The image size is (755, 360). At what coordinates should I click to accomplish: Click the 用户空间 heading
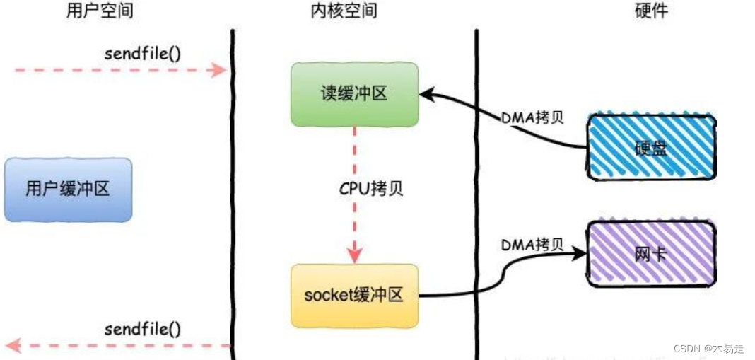click(99, 11)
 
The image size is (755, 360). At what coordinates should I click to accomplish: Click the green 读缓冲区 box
click(354, 93)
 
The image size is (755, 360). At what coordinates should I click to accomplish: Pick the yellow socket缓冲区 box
click(353, 295)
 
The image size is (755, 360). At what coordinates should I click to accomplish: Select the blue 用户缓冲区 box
click(68, 190)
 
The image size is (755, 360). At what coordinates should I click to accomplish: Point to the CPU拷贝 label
click(371, 190)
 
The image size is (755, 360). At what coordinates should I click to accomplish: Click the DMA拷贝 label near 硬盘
click(532, 118)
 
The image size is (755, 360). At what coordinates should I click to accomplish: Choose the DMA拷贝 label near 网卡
click(532, 245)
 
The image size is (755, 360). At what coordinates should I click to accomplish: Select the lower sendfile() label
click(142, 329)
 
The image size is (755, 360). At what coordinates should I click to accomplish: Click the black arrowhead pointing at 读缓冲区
click(426, 94)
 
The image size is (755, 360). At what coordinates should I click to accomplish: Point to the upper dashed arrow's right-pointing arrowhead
click(221, 70)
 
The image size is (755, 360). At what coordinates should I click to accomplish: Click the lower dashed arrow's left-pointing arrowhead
click(13, 346)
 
